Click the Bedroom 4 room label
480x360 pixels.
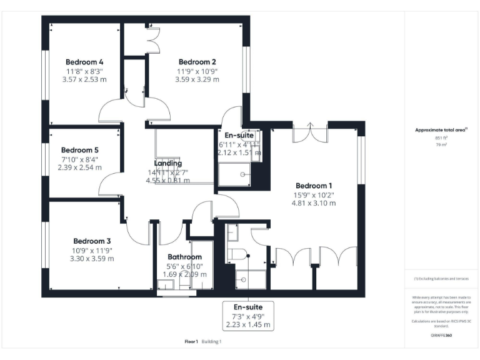pos(84,62)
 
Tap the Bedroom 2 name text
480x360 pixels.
pos(197,62)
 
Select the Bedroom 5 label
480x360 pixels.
pos(79,150)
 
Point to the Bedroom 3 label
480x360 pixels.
pos(92,241)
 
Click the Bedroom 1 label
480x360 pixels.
pos(314,186)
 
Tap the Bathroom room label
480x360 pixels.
pos(184,257)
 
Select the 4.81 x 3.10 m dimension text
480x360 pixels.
pos(314,202)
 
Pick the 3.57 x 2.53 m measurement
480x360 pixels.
pos(84,79)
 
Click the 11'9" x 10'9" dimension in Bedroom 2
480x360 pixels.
pos(197,71)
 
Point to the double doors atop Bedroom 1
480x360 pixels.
pos(310,134)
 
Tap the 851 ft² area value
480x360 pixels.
pos(441,137)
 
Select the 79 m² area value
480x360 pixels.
pos(441,144)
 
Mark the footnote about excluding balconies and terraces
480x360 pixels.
pos(441,279)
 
